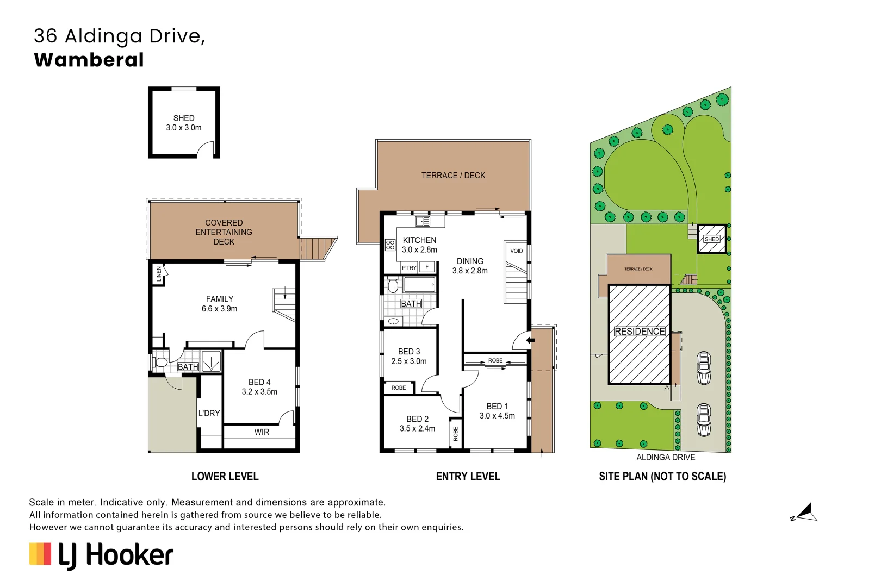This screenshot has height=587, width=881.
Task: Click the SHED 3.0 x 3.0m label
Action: pyautogui.click(x=184, y=123)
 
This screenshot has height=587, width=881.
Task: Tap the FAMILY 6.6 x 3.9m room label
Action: pyautogui.click(x=219, y=304)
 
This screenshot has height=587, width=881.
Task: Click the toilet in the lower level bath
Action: pyautogui.click(x=161, y=363)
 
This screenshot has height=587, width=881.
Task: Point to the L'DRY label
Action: pyautogui.click(x=209, y=413)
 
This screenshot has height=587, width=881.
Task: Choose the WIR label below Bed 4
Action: pyautogui.click(x=262, y=432)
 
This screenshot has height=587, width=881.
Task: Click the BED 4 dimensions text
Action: pyautogui.click(x=259, y=392)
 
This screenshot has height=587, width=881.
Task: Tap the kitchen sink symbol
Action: pyautogui.click(x=423, y=221)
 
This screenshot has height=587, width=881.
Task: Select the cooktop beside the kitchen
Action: pyautogui.click(x=390, y=245)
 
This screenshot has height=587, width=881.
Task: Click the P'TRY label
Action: pyautogui.click(x=409, y=268)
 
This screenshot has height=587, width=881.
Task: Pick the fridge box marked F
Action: pyautogui.click(x=427, y=267)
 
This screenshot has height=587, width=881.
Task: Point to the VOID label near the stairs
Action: pyautogui.click(x=516, y=251)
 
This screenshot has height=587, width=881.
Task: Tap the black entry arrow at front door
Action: pyautogui.click(x=531, y=340)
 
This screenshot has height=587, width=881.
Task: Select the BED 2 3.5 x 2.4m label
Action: pyautogui.click(x=417, y=424)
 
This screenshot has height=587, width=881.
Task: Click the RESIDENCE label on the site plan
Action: pyautogui.click(x=640, y=332)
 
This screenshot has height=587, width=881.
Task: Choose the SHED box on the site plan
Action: pyautogui.click(x=711, y=239)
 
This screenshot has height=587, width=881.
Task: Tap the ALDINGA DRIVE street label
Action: pyautogui.click(x=666, y=458)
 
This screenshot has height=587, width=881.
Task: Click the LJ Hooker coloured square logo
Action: pyautogui.click(x=40, y=554)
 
